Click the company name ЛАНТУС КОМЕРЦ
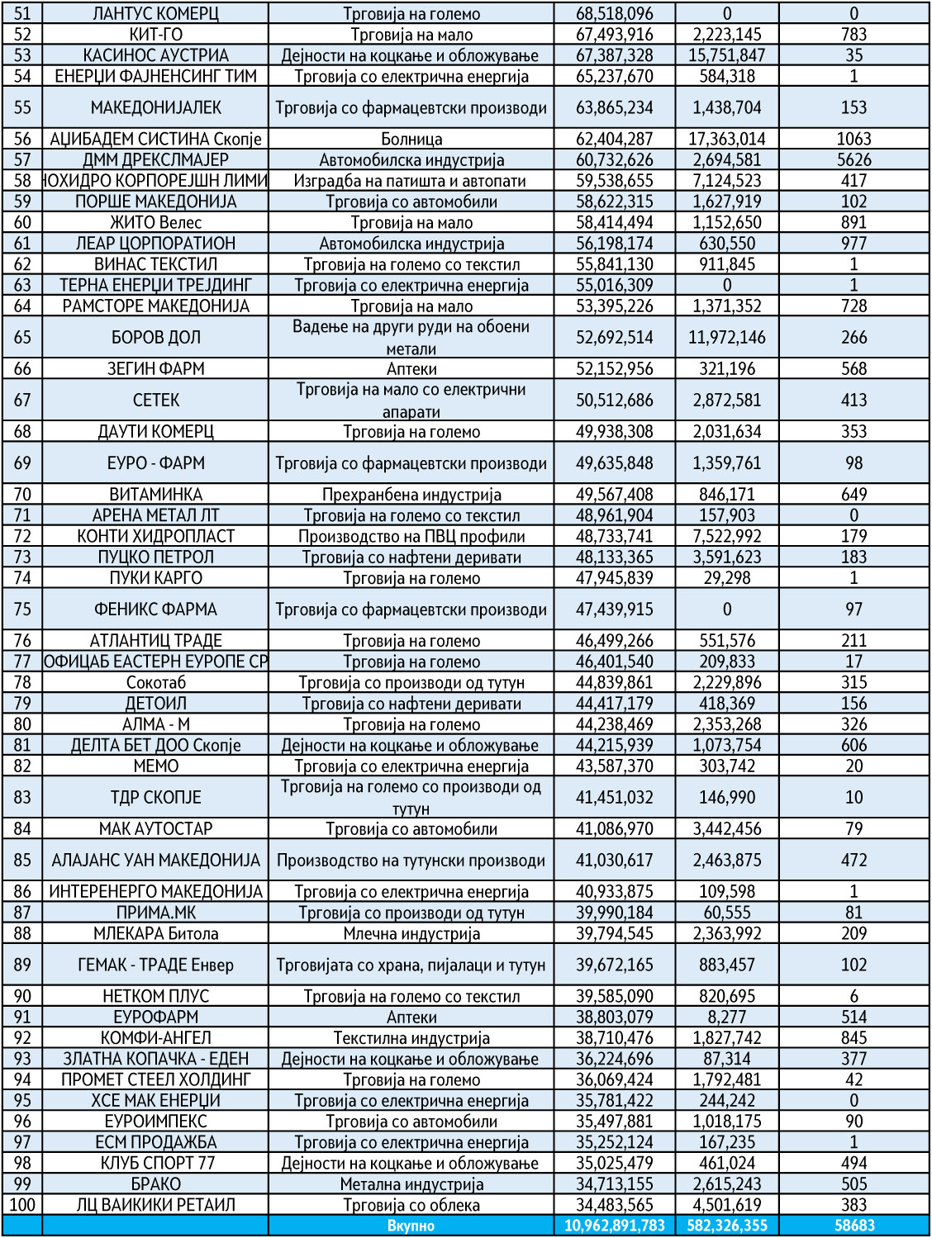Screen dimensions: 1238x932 pos(155,14)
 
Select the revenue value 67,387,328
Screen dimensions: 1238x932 pos(614,55)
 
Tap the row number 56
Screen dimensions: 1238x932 pos(22,139)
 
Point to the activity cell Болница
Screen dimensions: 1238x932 pos(411,139)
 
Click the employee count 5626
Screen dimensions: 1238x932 pos(854,160)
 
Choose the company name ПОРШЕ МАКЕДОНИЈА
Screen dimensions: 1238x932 pos(155,202)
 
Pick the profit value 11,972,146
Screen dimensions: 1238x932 pos(727,337)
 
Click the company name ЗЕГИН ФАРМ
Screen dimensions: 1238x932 pos(155,368)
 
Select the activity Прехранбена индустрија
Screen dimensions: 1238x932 pos(411,495)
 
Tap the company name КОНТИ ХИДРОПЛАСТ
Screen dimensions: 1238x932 pos(155,536)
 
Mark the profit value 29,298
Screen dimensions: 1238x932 pos(727,578)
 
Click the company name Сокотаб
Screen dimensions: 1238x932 pos(155,683)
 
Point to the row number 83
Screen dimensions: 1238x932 pos(22,797)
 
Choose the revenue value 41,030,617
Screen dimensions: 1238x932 pos(614,860)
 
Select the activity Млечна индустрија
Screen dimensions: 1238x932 pos(411,934)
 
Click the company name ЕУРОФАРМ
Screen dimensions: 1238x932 pos(155,1017)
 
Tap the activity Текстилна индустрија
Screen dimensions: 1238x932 pos(411,1038)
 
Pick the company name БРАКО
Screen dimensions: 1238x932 pos(155,1184)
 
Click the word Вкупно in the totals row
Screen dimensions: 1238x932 pos(411,1226)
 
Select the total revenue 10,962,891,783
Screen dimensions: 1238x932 pos(614,1226)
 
